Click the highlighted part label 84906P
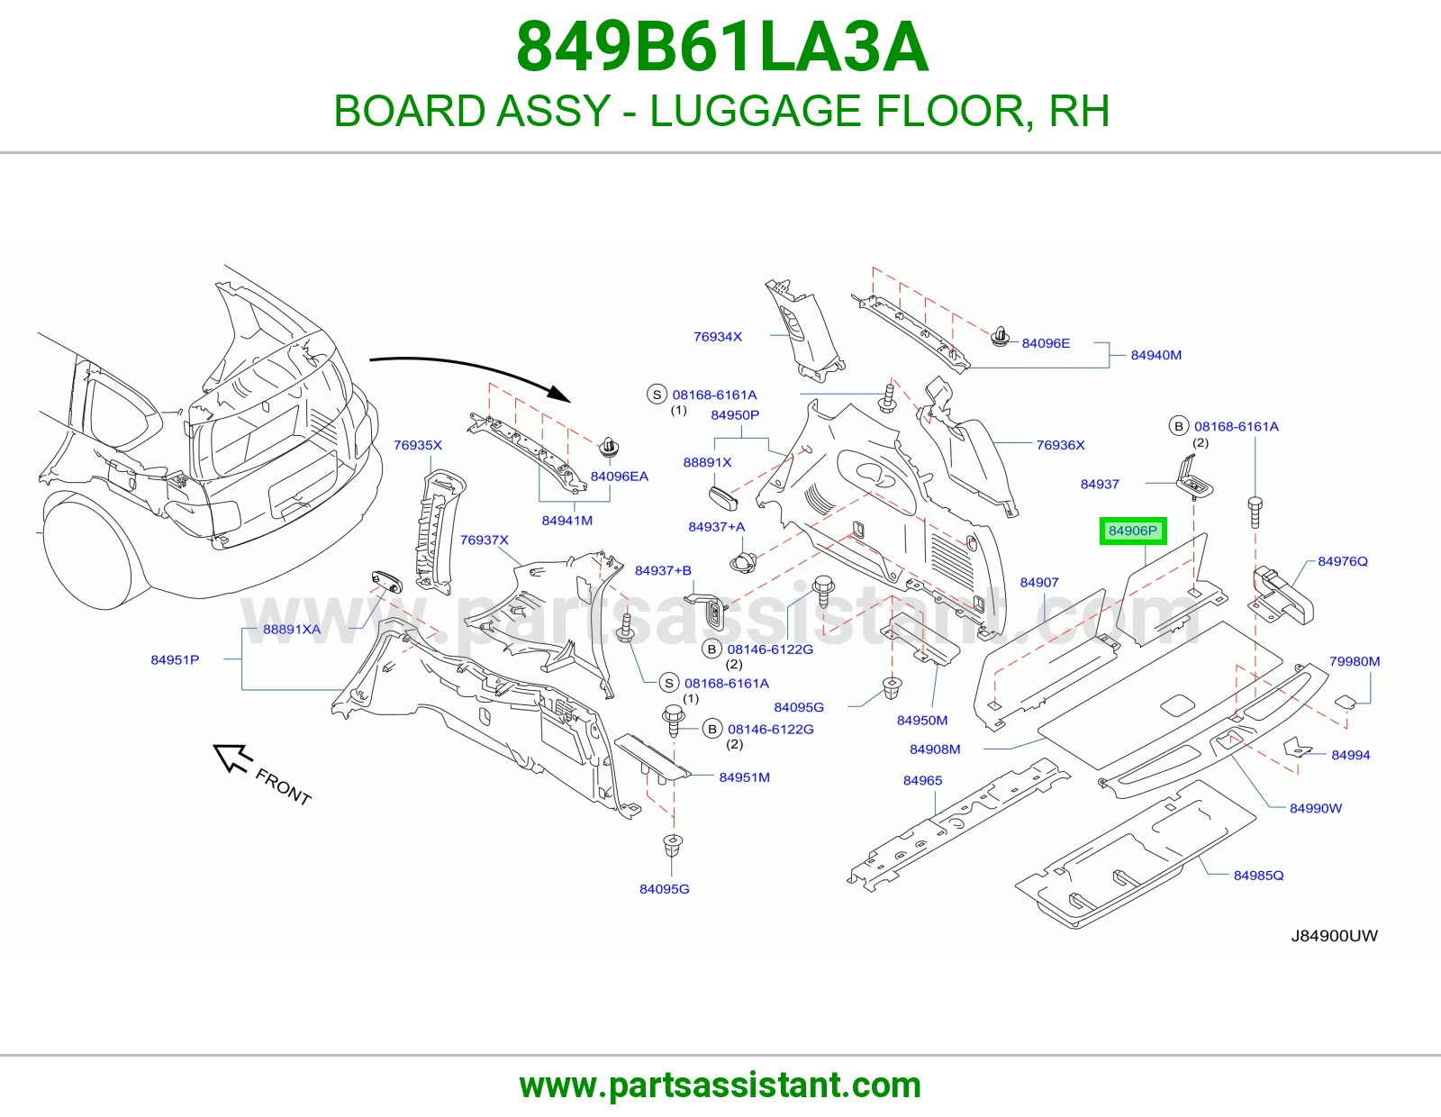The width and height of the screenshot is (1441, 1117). [x=1133, y=531]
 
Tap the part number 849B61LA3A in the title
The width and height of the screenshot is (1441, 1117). [x=721, y=47]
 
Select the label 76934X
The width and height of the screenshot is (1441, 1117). [x=718, y=336]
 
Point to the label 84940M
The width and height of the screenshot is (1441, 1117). [x=1156, y=355]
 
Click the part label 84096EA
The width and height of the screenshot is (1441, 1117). [x=620, y=477]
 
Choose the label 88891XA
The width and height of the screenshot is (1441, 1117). [x=292, y=629]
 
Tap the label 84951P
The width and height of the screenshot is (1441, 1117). [x=175, y=659]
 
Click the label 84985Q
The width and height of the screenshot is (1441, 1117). [x=1259, y=875]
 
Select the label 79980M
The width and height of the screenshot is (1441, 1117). [x=1355, y=660]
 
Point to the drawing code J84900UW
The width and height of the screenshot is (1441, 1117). [x=1334, y=935]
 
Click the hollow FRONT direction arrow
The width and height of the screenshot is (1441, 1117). [x=232, y=758]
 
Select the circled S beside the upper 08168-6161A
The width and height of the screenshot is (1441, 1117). [x=657, y=395]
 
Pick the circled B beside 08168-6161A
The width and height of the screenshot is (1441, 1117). [x=1178, y=426]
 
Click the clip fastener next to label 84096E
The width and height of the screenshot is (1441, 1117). [x=1000, y=337]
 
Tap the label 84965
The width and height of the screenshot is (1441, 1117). [x=922, y=780]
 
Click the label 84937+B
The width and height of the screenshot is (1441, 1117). [x=663, y=570]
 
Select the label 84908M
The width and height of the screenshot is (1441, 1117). [x=935, y=749]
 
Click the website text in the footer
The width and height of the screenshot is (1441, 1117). [x=720, y=1085]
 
